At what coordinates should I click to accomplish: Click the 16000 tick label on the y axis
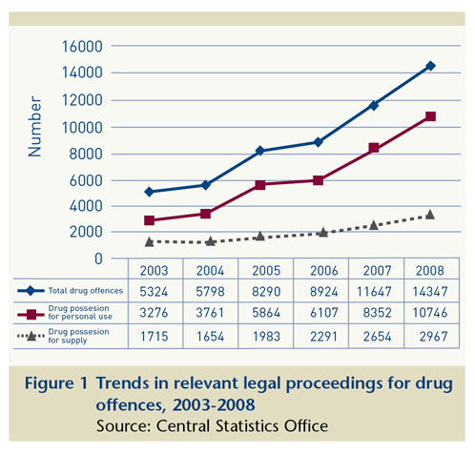click(x=82, y=47)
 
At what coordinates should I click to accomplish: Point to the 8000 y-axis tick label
click(x=86, y=155)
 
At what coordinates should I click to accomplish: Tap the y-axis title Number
click(x=34, y=127)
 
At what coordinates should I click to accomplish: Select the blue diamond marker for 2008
click(x=430, y=66)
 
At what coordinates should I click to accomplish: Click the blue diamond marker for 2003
click(x=149, y=192)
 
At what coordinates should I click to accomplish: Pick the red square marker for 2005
click(x=260, y=185)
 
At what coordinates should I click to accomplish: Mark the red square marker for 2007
click(x=374, y=148)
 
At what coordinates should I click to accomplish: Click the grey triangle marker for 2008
click(x=430, y=215)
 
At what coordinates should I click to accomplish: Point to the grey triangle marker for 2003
click(x=149, y=242)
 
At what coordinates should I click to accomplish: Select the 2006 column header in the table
click(x=324, y=271)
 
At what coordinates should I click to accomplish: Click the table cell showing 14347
click(x=430, y=292)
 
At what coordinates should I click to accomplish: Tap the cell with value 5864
click(x=266, y=313)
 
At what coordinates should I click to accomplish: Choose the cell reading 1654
click(x=210, y=337)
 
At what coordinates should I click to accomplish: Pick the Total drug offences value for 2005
click(x=266, y=292)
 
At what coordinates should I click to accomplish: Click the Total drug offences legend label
click(x=86, y=291)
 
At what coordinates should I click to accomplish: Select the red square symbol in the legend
click(x=31, y=315)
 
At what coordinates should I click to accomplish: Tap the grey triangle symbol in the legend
click(x=31, y=336)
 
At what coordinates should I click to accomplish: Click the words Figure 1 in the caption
click(x=56, y=383)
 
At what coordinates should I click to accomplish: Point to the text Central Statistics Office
click(x=242, y=426)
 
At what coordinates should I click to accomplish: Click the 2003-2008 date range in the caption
click(x=214, y=405)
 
